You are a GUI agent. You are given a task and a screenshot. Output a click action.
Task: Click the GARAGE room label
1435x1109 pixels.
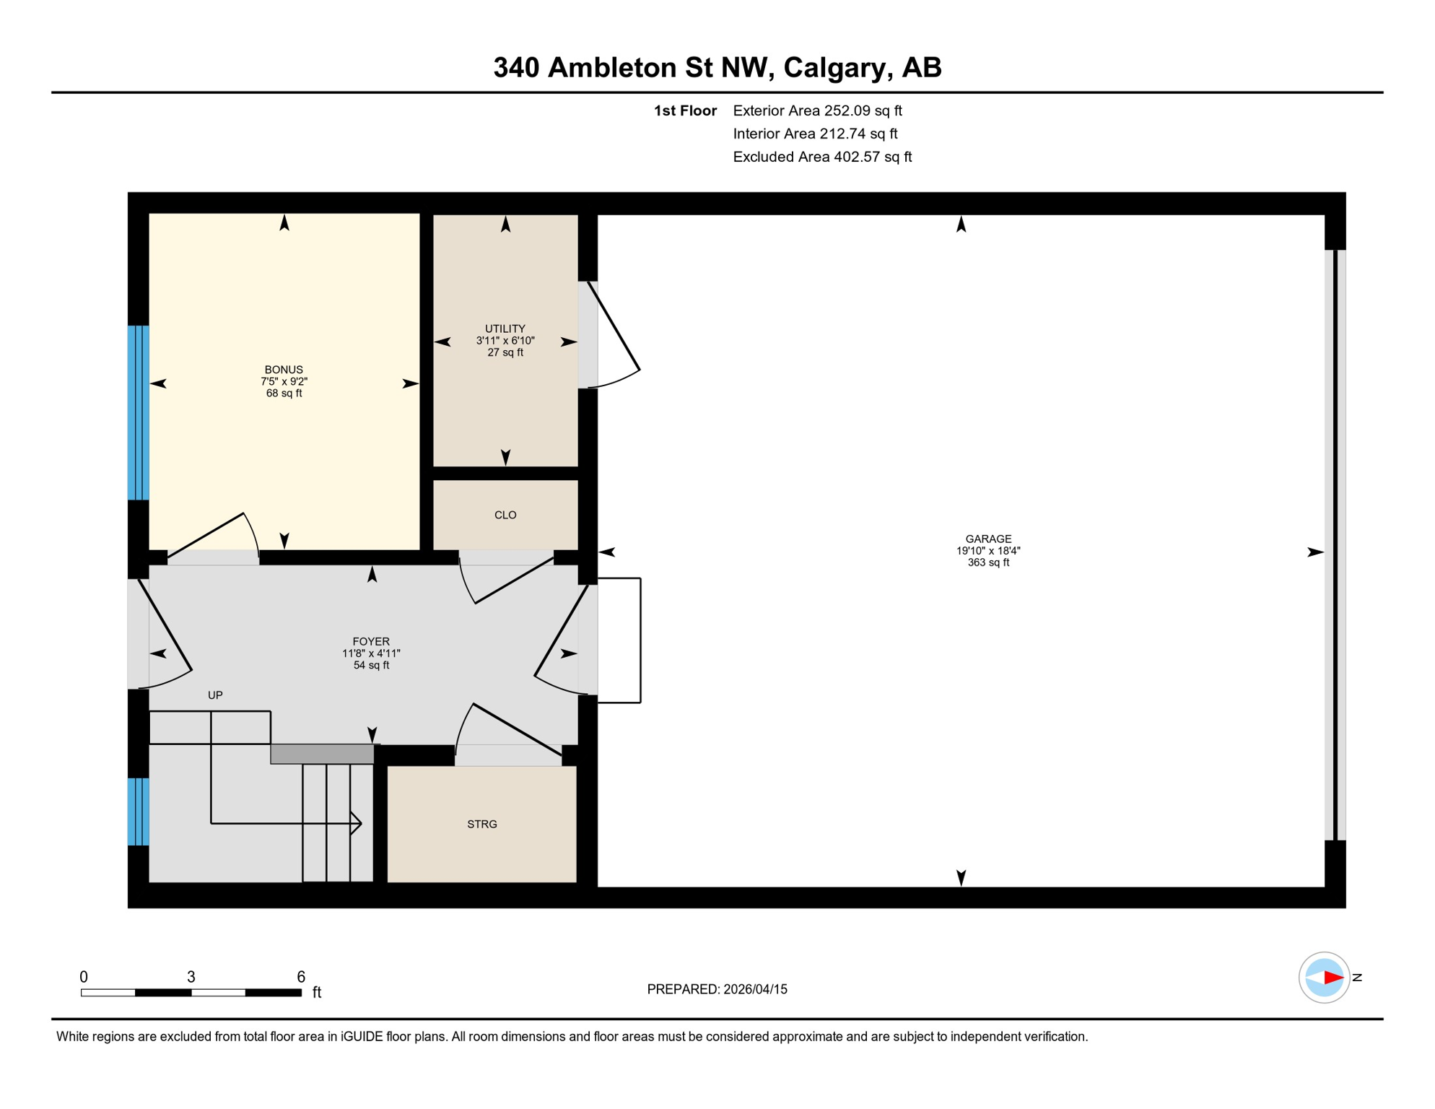coord(988,539)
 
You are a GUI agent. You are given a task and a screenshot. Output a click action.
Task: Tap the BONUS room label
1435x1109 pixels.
coord(284,370)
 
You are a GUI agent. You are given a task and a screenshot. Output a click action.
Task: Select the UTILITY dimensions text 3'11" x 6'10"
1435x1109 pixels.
coord(505,341)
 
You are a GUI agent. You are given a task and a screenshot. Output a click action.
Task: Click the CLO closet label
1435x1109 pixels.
coord(505,515)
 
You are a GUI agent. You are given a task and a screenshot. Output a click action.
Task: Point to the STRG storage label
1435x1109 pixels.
coord(482,825)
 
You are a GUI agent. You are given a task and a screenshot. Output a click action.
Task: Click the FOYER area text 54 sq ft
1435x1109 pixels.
coord(371,666)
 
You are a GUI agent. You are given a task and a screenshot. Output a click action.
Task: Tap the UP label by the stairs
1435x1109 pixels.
coord(215,695)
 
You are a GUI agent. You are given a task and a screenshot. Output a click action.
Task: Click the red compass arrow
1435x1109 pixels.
coord(1332,978)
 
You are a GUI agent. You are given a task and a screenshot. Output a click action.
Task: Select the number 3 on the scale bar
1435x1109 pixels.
coord(191,977)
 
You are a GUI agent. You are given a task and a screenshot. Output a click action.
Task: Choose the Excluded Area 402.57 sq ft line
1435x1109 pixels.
coord(822,157)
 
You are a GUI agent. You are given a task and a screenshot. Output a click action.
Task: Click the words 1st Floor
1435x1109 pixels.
coord(685,110)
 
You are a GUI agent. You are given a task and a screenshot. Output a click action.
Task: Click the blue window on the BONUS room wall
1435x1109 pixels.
coord(138,413)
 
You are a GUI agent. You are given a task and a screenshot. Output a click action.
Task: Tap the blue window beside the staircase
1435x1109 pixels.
coord(138,812)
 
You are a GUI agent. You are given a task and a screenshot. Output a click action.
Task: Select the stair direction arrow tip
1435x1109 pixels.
coord(359,823)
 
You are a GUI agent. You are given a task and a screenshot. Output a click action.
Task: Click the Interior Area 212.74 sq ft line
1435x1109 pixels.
coord(815,134)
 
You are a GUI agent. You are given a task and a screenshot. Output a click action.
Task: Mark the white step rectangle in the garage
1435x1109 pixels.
coord(619,640)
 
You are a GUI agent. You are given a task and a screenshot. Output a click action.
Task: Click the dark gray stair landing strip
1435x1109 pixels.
coord(322,754)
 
